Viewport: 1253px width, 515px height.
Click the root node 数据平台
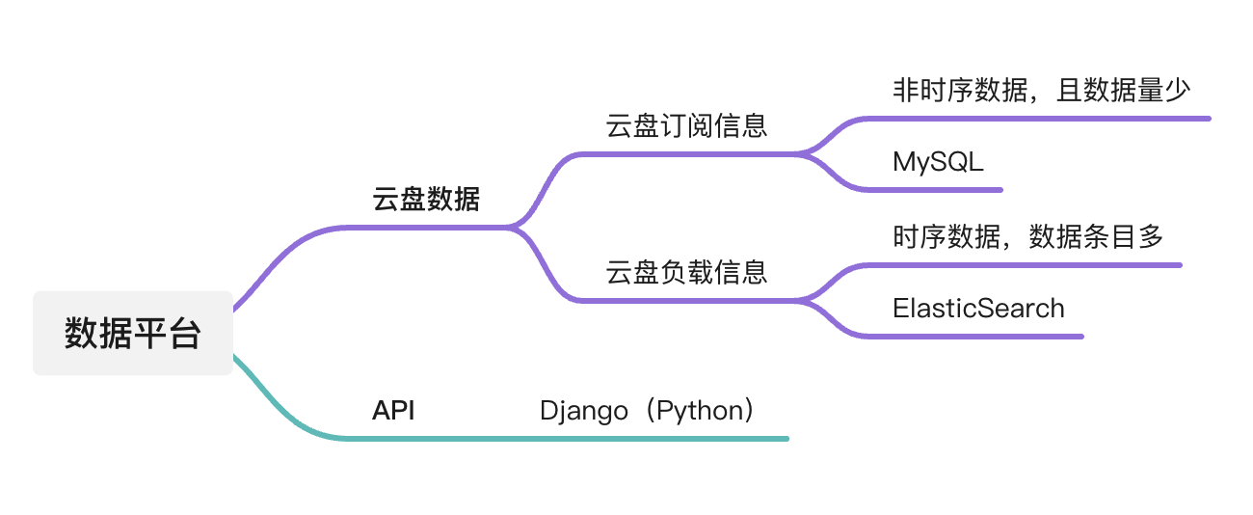pyautogui.click(x=133, y=333)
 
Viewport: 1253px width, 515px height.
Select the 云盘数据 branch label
pyautogui.click(x=426, y=200)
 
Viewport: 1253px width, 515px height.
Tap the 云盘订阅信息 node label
pyautogui.click(x=686, y=125)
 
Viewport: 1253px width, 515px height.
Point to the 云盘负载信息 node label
pyautogui.click(x=686, y=272)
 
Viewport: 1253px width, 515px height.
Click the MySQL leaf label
pyautogui.click(x=938, y=162)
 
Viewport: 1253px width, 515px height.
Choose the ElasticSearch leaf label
pyautogui.click(x=978, y=308)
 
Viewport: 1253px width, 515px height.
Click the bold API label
pyautogui.click(x=393, y=410)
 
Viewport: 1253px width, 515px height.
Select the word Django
pyautogui.click(x=583, y=412)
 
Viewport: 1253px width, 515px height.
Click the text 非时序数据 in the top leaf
pyautogui.click(x=960, y=90)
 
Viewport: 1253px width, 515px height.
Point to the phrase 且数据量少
pyautogui.click(x=1123, y=90)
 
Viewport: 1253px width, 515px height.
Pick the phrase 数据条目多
pyautogui.click(x=1097, y=236)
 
